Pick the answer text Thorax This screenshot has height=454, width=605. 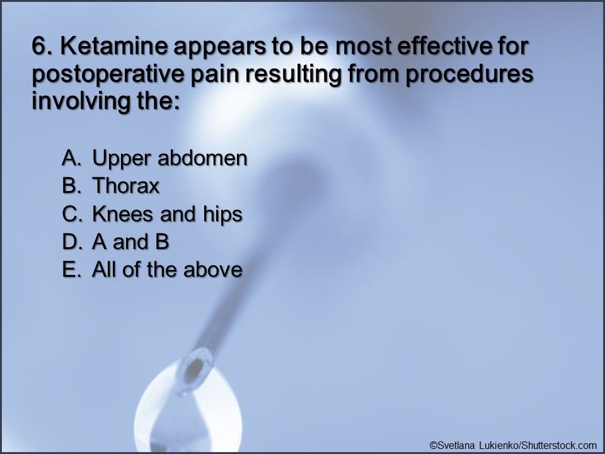126,187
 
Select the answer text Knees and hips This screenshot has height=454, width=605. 167,214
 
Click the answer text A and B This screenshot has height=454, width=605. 131,242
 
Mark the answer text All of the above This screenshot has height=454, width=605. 167,270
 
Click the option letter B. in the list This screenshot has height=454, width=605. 71,187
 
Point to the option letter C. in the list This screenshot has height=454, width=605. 71,214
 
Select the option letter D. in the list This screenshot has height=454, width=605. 71,242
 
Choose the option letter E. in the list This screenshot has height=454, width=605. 71,270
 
